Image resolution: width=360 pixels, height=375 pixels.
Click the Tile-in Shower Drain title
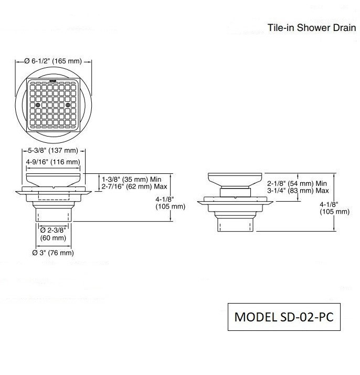pos(312,28)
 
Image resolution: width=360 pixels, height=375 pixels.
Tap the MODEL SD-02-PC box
pos(284,317)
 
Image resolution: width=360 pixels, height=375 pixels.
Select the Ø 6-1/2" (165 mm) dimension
pos(53,61)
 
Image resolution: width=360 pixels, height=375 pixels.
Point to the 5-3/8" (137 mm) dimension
pos(53,151)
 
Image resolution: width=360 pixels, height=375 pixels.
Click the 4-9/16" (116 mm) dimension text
pos(53,162)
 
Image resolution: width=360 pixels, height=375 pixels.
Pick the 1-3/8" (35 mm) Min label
pos(132,180)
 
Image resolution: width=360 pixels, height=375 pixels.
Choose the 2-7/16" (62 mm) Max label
pos(134,186)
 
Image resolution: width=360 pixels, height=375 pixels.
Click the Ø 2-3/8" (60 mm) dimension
pos(53,234)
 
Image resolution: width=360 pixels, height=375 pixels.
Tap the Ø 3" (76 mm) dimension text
pos(53,253)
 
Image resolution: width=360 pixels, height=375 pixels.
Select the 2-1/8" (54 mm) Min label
pos(297,184)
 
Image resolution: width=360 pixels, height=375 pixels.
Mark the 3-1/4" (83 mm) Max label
pos(298,191)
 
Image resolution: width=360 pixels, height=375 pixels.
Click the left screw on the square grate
pos(38,105)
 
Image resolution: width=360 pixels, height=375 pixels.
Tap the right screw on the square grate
pos(68,105)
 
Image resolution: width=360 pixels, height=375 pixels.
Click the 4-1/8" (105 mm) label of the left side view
pos(171,203)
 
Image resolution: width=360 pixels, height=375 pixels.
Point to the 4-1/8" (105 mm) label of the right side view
pos(334,208)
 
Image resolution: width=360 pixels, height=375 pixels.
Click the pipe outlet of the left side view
pos(54,214)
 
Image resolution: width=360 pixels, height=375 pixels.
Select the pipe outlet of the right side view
pos(235,224)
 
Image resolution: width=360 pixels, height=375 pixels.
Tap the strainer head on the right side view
pos(235,180)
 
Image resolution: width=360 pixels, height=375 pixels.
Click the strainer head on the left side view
pos(53,180)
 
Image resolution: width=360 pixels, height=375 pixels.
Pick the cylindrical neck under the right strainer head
pos(235,192)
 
